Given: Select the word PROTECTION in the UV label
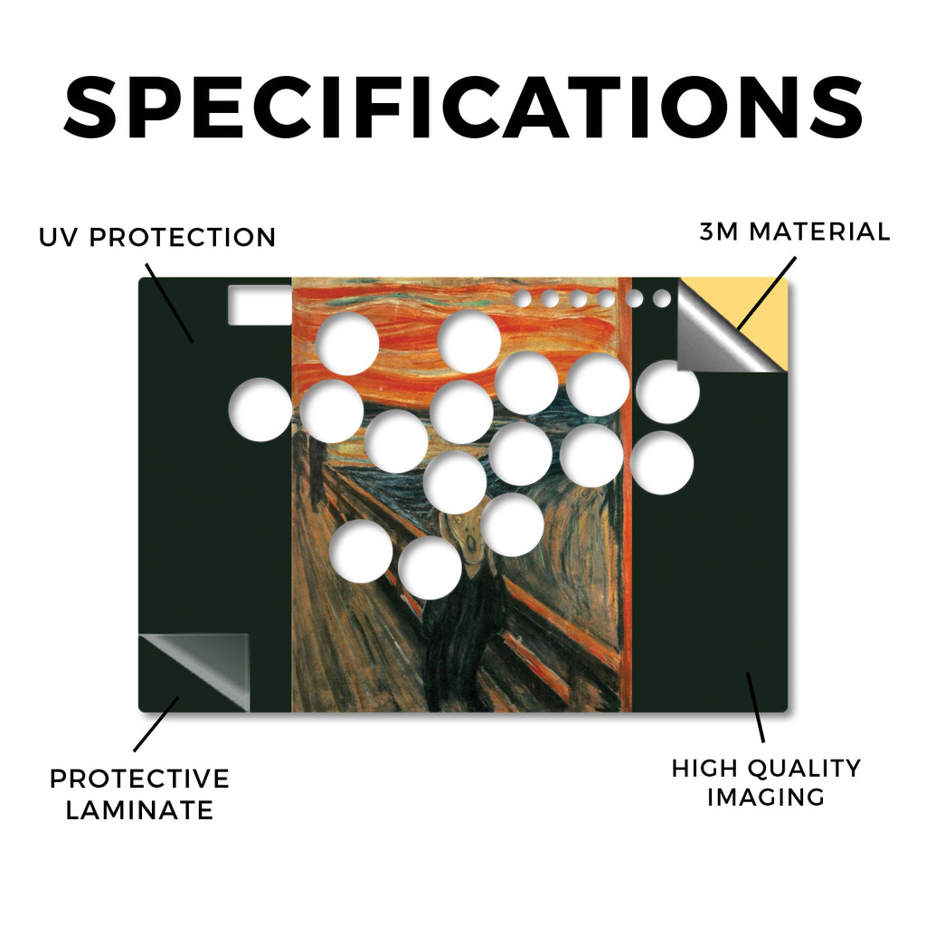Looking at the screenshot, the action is [x=183, y=238].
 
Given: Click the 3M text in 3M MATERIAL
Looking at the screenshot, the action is [x=719, y=231].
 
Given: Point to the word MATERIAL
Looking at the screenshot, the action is [x=819, y=231].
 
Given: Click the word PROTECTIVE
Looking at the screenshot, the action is [x=139, y=779].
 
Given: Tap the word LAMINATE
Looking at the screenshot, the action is [x=139, y=809].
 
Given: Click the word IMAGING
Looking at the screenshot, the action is [x=766, y=798].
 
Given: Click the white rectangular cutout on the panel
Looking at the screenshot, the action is [x=260, y=305].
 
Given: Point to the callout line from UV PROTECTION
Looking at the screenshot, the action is [x=169, y=303].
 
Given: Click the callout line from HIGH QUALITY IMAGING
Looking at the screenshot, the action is [x=755, y=707].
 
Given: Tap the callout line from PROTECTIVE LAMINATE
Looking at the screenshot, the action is [x=156, y=724].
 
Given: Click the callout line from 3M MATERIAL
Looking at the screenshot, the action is [x=767, y=294].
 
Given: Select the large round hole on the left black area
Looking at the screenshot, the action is [x=260, y=410].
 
